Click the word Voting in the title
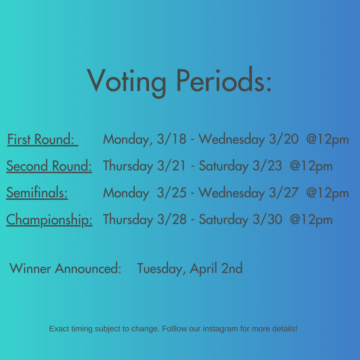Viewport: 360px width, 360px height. click(127, 83)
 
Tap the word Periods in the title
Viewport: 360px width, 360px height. click(224, 79)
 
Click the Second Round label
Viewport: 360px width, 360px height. click(49, 166)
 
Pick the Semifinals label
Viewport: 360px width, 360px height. click(37, 192)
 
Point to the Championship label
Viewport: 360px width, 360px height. click(49, 220)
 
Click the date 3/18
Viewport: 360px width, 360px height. click(172, 139)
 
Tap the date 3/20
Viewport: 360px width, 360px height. click(284, 139)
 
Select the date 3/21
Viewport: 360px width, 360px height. click(171, 166)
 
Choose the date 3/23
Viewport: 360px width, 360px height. click(267, 166)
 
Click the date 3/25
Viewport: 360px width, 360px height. click(172, 192)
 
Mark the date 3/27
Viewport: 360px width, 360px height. click(284, 192)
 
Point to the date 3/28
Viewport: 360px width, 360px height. click(172, 219)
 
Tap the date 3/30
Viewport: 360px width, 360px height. click(268, 219)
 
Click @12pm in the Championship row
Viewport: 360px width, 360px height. click(311, 220)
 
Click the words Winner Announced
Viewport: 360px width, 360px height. click(65, 268)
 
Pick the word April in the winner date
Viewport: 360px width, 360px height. click(204, 269)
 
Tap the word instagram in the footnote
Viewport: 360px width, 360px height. click(220, 329)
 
